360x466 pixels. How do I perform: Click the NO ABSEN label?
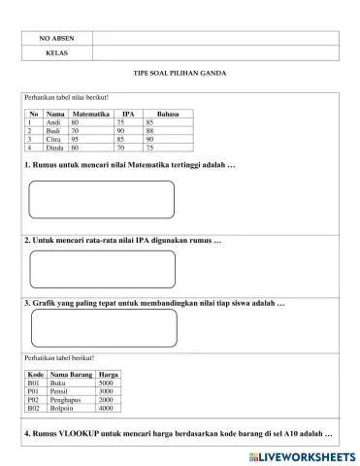coord(56,38)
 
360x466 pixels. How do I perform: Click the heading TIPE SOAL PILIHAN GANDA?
coord(180,74)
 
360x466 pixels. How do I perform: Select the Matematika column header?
coord(90,115)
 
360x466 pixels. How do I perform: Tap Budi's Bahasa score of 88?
coord(150,131)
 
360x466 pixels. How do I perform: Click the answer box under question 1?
coord(102,199)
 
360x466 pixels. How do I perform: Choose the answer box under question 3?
coord(102,327)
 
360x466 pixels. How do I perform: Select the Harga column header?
coord(109,375)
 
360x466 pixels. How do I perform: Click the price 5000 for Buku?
coord(106,383)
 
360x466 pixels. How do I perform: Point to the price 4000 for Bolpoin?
coord(106,409)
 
